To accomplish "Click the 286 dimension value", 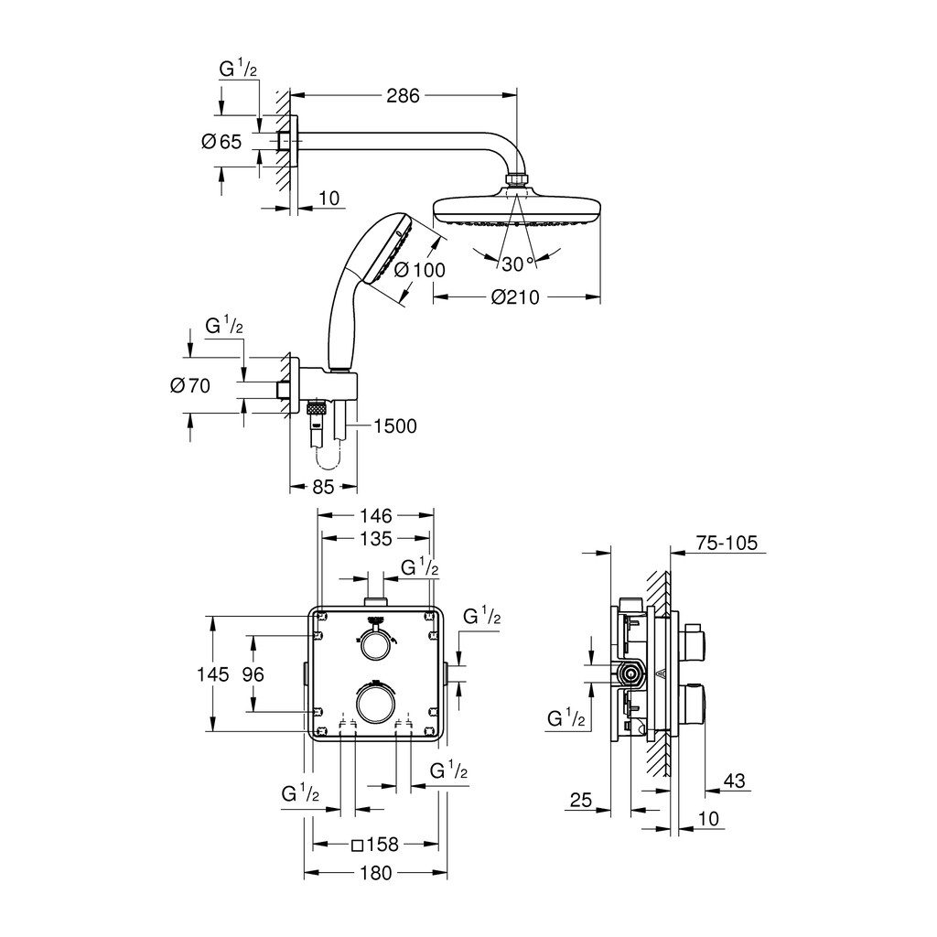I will click(403, 95).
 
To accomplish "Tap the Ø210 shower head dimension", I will click(516, 296).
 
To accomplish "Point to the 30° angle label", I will click(517, 264).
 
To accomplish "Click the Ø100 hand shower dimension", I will click(420, 270).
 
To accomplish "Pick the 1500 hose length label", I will click(394, 425).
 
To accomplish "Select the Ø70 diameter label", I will click(190, 385).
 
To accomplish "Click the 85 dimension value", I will click(323, 487).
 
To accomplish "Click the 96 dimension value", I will click(253, 674).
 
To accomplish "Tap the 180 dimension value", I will click(375, 873).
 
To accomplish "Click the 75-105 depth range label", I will click(727, 543).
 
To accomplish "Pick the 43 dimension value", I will click(734, 781).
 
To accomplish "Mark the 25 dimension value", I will click(580, 801).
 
